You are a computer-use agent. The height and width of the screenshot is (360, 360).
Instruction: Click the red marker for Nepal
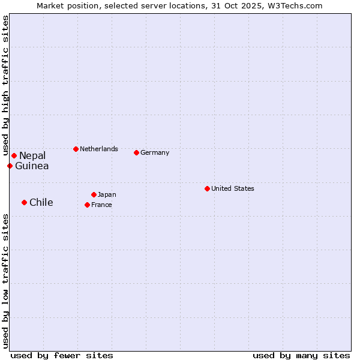[x=14, y=156]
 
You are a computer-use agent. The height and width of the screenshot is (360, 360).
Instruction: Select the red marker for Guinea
[x=10, y=166]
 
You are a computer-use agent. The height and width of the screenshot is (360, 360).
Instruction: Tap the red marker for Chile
[x=24, y=202]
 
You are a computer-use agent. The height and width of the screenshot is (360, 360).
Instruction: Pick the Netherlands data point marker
[x=76, y=149]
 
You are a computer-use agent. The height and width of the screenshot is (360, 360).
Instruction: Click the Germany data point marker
[x=136, y=152]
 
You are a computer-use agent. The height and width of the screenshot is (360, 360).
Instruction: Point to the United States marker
[x=207, y=188]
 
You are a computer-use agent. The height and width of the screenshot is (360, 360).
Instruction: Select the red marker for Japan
[x=94, y=194]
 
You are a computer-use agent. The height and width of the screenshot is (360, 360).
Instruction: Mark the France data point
[x=87, y=205]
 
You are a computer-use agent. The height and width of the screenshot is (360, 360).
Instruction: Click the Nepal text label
[x=32, y=156]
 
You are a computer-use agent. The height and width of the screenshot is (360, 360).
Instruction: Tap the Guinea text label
[x=32, y=166]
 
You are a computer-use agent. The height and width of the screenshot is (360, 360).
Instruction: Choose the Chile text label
[x=41, y=203]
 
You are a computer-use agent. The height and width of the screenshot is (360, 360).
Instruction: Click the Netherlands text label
[x=99, y=149]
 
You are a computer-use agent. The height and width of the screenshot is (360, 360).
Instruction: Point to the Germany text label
[x=155, y=152]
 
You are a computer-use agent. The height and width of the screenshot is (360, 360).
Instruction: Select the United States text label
[x=233, y=188]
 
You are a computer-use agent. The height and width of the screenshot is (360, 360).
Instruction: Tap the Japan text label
[x=107, y=194]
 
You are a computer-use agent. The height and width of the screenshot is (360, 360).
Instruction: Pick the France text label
[x=101, y=205]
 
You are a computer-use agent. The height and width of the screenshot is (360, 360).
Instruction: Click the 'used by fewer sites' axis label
[x=62, y=355]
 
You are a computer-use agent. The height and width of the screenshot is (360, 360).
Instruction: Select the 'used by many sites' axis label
[x=301, y=355]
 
